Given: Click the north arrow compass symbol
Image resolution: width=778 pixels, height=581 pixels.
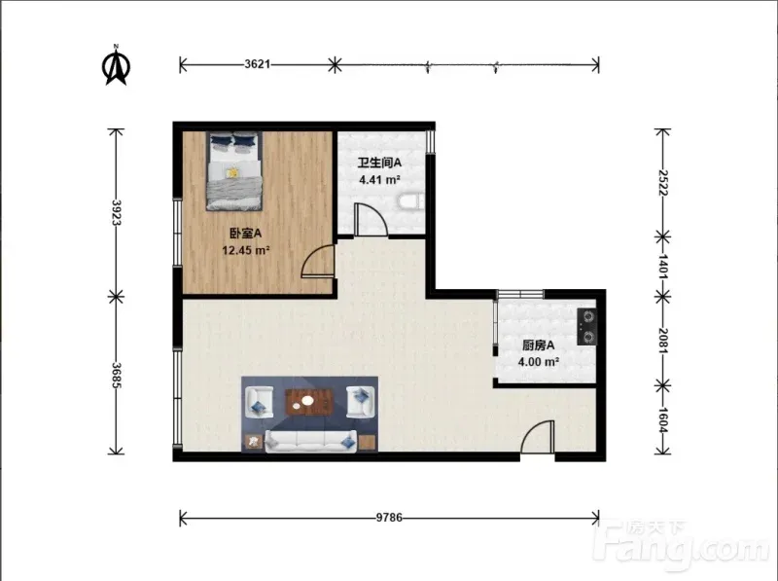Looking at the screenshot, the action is coord(116,65).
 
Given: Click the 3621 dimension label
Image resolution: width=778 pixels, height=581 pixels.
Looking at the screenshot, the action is coord(257,64).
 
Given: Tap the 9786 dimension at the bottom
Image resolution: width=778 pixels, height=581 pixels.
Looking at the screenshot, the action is coord(389,518).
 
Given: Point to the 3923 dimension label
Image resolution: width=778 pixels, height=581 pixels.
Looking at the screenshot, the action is coord(116,212).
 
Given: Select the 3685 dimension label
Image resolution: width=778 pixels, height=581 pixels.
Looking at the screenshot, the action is coord(116,375).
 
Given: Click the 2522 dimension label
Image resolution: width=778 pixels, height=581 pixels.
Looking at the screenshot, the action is coord(663,183).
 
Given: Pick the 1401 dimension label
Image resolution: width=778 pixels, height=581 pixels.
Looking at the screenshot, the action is coord(663,266).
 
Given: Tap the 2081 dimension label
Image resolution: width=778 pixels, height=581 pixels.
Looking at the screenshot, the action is coord(663,341).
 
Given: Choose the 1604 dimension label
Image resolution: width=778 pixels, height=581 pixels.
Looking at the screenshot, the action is coord(663,420).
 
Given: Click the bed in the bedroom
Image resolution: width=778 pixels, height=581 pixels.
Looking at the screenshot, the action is coord(234,171).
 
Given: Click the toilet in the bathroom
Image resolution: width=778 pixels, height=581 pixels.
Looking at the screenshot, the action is coord(411,201).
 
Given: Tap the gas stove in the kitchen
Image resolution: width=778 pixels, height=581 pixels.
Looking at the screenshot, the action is coord(587,327).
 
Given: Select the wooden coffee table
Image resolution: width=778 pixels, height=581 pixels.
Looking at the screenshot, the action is coord(309,402).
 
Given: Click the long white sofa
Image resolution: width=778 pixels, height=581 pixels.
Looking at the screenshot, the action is coord(310,441).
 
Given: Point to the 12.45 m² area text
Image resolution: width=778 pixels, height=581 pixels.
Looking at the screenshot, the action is coord(246,250).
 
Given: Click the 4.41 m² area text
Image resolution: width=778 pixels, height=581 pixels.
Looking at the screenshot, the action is coord(379,179).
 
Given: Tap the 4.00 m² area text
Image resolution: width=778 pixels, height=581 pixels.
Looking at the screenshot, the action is coord(539,361).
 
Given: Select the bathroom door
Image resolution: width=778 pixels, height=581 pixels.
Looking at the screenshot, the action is coord(371,219).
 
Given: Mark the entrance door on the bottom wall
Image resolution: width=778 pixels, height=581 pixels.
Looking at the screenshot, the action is coord(538,437).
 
